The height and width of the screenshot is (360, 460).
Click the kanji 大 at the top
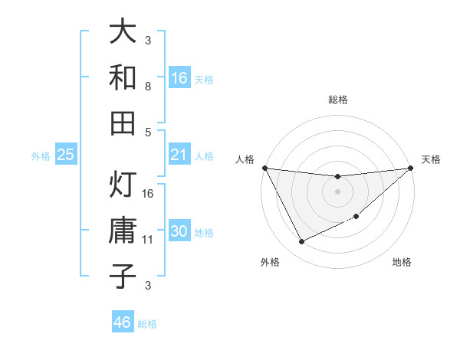123,31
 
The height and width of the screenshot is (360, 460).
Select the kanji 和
123,77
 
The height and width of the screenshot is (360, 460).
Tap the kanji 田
123,122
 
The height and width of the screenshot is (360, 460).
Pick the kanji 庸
123,231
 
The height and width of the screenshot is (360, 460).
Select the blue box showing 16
179,78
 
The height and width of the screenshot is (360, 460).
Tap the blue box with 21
179,155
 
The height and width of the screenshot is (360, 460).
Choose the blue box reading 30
179,232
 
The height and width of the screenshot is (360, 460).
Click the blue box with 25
65,155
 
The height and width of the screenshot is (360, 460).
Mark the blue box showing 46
123,322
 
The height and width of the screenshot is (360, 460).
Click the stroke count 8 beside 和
148,87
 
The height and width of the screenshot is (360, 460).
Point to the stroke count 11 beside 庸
148,240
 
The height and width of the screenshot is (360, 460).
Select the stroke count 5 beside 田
148,132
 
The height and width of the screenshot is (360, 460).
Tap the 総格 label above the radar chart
338,100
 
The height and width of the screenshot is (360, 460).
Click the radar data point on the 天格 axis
411,169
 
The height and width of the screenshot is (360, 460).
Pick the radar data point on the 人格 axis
264,168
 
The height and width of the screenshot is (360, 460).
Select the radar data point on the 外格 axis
301,242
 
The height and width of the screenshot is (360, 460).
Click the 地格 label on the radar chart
402,262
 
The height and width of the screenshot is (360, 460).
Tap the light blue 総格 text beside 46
147,324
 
